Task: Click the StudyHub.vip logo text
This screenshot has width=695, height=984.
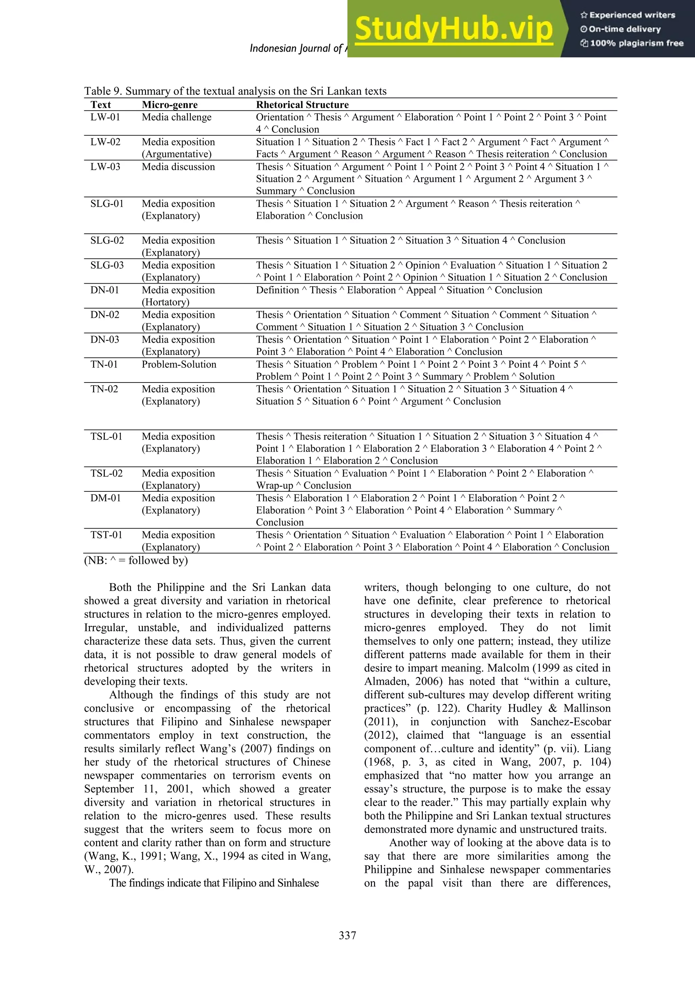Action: click(454, 29)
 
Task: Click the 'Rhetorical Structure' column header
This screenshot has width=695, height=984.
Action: click(302, 105)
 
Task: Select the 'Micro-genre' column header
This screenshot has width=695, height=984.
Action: click(170, 105)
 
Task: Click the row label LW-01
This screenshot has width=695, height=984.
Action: click(105, 117)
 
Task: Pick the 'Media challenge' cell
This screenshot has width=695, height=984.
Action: click(176, 117)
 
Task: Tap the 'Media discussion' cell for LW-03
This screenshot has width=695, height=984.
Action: click(178, 167)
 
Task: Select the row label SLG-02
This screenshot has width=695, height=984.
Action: click(107, 240)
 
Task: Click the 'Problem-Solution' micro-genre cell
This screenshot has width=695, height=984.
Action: click(179, 364)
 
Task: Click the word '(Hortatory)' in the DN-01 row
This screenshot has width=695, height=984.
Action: click(165, 302)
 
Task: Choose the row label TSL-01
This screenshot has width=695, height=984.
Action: click(106, 436)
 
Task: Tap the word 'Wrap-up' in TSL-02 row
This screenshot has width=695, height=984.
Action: click(275, 486)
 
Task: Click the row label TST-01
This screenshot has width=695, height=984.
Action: click(106, 535)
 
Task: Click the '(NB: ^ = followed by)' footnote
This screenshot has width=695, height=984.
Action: click(136, 560)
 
